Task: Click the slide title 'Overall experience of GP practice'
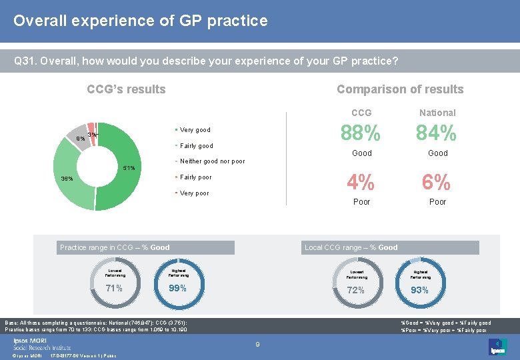tap(141, 21)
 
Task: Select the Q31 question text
tap(206, 61)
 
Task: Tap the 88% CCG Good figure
tap(361, 133)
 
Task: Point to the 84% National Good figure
tap(437, 133)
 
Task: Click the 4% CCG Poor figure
tap(361, 182)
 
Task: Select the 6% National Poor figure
tap(437, 182)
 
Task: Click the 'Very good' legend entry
tap(194, 130)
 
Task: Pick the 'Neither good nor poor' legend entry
tap(211, 161)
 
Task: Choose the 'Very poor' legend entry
tap(193, 193)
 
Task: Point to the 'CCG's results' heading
tap(127, 89)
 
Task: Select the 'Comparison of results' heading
tap(399, 89)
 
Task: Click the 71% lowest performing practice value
tap(114, 289)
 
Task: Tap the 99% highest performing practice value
tap(177, 289)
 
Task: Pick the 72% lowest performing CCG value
tap(356, 290)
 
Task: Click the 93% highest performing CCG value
tap(419, 290)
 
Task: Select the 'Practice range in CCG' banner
tap(145, 247)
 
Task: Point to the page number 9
tap(257, 344)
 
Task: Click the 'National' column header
tap(437, 113)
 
